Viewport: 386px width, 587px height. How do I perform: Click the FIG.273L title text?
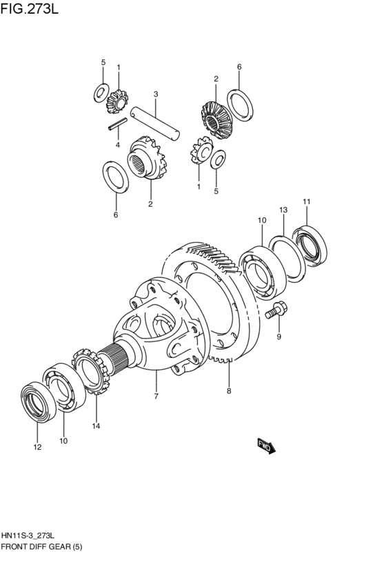click(30, 8)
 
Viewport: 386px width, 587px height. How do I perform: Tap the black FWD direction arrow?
click(266, 446)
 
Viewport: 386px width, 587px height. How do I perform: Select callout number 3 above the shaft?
click(156, 94)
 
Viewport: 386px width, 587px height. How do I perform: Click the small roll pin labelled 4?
click(118, 124)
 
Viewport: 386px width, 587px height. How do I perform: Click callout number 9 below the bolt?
click(278, 337)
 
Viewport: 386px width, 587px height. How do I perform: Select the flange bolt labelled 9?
click(274, 310)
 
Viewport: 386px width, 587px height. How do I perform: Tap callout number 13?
click(283, 210)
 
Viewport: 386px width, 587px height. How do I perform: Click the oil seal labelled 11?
click(309, 246)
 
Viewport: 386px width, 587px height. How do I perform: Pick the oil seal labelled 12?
click(38, 402)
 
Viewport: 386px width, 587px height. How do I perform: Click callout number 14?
click(96, 426)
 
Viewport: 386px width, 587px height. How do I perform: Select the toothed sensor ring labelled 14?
click(90, 371)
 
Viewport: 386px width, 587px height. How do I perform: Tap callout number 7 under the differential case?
click(156, 396)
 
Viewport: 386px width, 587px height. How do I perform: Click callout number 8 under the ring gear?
click(229, 391)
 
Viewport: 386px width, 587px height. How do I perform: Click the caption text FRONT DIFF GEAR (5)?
click(41, 547)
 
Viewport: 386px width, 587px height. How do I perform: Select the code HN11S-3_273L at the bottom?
click(28, 536)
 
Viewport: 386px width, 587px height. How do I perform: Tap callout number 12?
click(37, 447)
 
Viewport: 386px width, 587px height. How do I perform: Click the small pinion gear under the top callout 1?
click(117, 101)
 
